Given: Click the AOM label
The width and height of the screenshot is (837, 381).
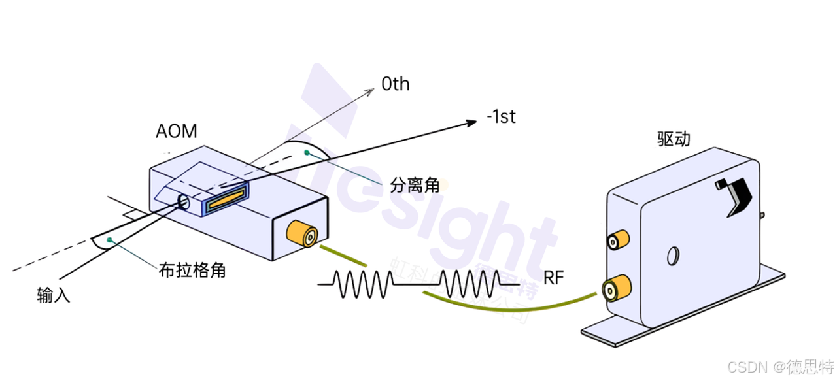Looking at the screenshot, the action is pyautogui.click(x=176, y=131).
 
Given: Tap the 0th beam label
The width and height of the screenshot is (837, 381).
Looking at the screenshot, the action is pyautogui.click(x=396, y=84).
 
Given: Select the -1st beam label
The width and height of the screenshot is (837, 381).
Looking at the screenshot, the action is pyautogui.click(x=501, y=118).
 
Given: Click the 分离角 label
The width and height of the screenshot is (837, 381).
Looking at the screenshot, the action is pyautogui.click(x=415, y=184).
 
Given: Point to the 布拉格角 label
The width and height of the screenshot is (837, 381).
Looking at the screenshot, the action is pyautogui.click(x=192, y=270).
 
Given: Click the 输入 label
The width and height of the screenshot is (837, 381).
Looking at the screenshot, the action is pyautogui.click(x=54, y=295).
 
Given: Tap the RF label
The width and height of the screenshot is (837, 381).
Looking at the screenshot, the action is pyautogui.click(x=553, y=277).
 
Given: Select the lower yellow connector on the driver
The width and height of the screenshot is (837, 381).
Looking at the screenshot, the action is pyautogui.click(x=617, y=288).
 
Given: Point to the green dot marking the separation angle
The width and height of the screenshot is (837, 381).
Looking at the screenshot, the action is pyautogui.click(x=306, y=152).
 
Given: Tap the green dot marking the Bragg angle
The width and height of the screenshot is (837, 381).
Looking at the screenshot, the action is pyautogui.click(x=109, y=240).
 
